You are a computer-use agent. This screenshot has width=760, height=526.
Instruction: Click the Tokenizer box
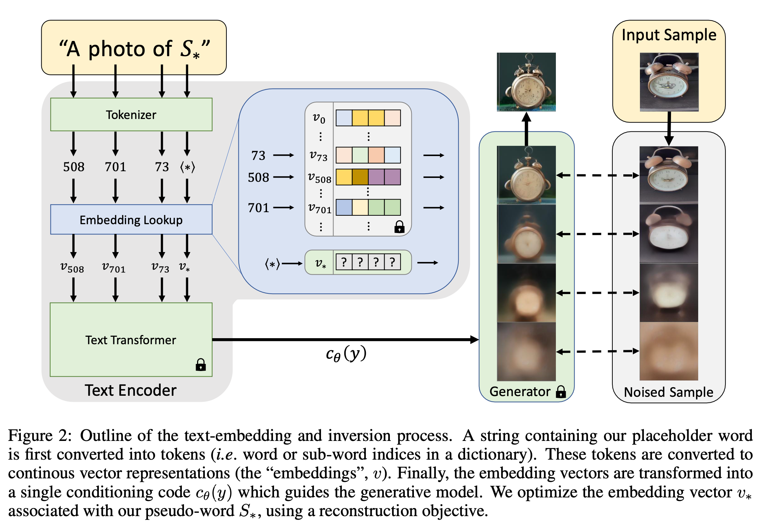pyautogui.click(x=131, y=115)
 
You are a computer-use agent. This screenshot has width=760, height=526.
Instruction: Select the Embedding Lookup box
pyautogui.click(x=131, y=220)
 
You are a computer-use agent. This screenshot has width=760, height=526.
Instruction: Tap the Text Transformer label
pyautogui.click(x=131, y=340)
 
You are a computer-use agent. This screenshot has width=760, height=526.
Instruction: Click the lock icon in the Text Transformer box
pyautogui.click(x=201, y=365)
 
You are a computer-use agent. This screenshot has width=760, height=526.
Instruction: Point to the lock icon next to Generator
pyautogui.click(x=561, y=392)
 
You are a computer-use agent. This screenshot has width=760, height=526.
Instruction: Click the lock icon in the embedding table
pyautogui.click(x=399, y=227)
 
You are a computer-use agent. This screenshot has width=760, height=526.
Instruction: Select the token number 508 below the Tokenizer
pyautogui.click(x=73, y=167)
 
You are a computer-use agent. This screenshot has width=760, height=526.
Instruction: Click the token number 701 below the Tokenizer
pyautogui.click(x=115, y=167)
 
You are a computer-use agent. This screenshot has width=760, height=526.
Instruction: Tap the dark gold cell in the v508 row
pyautogui.click(x=360, y=177)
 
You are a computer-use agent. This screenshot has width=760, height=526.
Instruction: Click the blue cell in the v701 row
pyautogui.click(x=344, y=208)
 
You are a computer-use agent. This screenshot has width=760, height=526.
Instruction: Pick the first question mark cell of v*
pyautogui.click(x=344, y=262)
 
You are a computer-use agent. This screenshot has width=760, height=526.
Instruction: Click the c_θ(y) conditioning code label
pyautogui.click(x=346, y=353)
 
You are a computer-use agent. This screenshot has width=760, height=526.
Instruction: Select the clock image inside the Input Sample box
pyautogui.click(x=669, y=82)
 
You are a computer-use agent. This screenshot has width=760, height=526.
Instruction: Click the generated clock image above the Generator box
pyautogui.click(x=526, y=82)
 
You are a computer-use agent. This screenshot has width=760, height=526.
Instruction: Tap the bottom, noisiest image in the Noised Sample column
pyautogui.click(x=669, y=351)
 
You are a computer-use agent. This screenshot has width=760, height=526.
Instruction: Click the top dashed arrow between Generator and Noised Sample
pyautogui.click(x=597, y=175)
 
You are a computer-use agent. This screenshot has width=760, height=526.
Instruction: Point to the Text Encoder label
pyautogui.click(x=131, y=390)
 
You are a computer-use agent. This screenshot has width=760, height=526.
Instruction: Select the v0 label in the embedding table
pyautogui.click(x=319, y=118)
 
